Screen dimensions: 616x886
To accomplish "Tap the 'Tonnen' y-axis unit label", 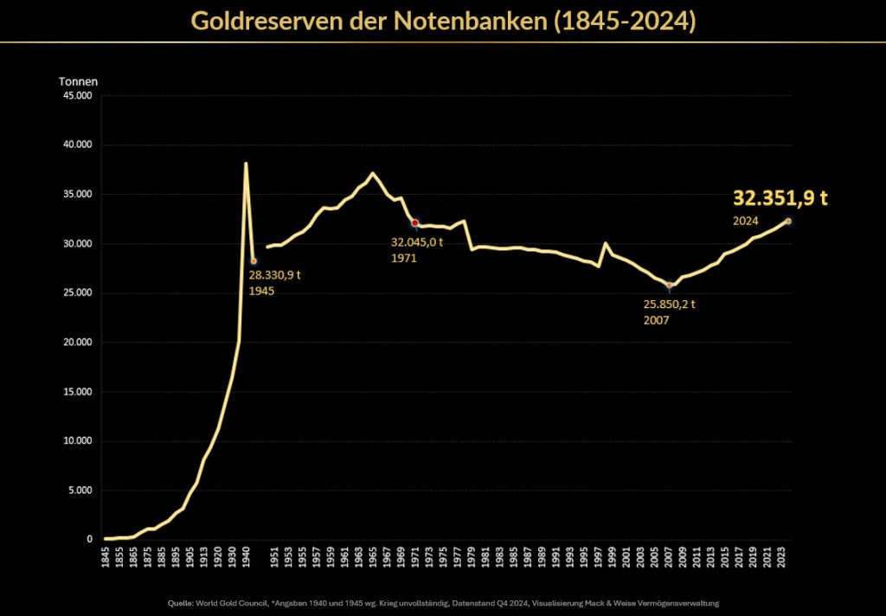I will [x=78, y=81].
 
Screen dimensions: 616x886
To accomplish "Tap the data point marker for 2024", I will [x=788, y=221].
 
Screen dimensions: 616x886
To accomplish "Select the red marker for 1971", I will [x=415, y=222].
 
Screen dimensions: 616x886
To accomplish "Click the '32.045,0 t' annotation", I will [x=417, y=242].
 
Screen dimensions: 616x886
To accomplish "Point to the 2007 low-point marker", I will [x=669, y=286].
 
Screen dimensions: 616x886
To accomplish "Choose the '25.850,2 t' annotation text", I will [x=670, y=305].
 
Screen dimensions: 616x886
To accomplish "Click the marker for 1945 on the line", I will [x=254, y=260].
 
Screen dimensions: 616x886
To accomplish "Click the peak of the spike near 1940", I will [x=246, y=163].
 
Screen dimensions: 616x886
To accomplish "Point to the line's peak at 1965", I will [x=373, y=173].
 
